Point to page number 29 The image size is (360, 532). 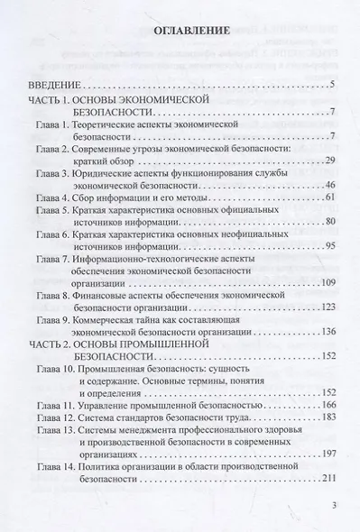coord(330,160)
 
